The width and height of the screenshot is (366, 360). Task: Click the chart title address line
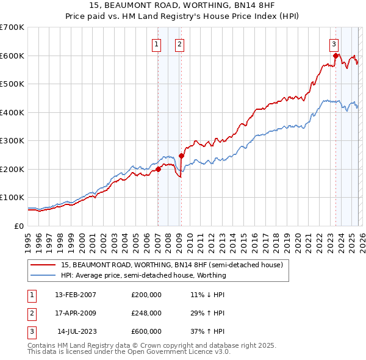pos(183,5)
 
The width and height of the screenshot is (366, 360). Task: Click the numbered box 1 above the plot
pos(157,43)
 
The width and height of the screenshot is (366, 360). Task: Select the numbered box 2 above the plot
pos(180,43)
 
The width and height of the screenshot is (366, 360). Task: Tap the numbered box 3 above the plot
pos(334,43)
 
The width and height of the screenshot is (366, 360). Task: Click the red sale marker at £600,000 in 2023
pos(335,56)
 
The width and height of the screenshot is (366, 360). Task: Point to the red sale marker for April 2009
pos(181,156)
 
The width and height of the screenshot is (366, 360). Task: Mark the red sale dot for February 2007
pos(158,169)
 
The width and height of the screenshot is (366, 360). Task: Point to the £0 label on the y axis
pos(20,226)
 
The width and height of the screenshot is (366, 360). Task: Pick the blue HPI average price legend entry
pos(143,275)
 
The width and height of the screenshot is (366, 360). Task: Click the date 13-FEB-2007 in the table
pos(75,295)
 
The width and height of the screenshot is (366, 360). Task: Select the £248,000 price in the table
pos(146,313)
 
